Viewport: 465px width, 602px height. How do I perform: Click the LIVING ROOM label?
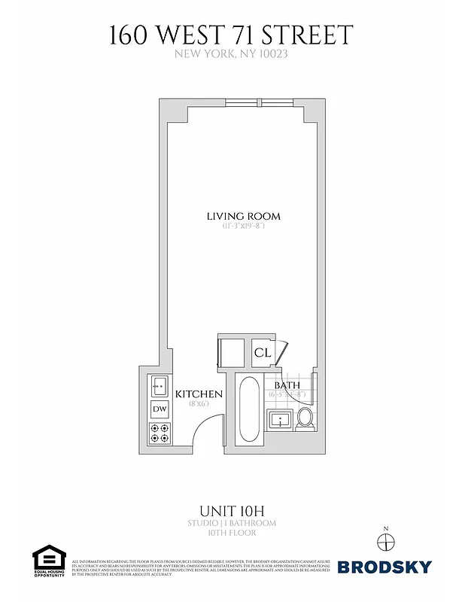(238, 217)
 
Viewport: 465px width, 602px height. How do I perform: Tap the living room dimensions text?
(238, 227)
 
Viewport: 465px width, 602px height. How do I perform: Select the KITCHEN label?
(199, 394)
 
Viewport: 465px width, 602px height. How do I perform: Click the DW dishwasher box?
(160, 409)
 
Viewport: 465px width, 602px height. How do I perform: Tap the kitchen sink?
(159, 386)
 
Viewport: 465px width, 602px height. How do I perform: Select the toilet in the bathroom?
(305, 418)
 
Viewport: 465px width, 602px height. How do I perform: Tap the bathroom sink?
(281, 420)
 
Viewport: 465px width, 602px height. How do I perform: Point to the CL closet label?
(262, 352)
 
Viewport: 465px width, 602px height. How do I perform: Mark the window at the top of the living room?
(245, 103)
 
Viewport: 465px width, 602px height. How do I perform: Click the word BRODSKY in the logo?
(384, 567)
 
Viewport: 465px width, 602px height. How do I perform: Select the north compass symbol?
(385, 541)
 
